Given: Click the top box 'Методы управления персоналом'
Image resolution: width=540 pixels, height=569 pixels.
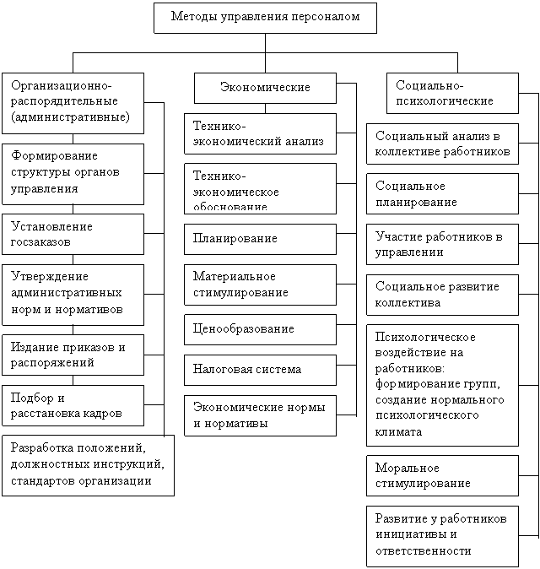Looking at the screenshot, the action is click(x=265, y=18).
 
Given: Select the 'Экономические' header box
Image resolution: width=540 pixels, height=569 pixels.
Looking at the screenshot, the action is click(x=265, y=88).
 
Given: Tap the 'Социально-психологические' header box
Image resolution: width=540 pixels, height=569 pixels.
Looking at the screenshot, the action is click(x=452, y=93).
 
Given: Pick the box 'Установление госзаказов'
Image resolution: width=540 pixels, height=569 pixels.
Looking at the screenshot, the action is click(x=73, y=234).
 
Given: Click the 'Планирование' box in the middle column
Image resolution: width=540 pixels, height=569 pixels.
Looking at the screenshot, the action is click(x=260, y=239).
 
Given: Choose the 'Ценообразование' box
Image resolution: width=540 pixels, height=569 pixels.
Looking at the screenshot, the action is click(x=260, y=329).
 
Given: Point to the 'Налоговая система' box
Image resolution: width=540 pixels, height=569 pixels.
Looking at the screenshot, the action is click(x=260, y=370).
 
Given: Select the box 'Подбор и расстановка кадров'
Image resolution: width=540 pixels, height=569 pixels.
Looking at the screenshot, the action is click(x=73, y=405).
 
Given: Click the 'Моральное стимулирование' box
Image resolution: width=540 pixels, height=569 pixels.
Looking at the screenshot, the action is click(x=442, y=476).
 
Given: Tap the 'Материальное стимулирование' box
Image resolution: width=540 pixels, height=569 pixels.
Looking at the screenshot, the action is click(x=260, y=284).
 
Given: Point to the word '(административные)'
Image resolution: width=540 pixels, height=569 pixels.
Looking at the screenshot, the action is click(x=70, y=117).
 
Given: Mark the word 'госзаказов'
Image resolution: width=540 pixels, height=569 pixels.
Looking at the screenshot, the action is click(x=40, y=242).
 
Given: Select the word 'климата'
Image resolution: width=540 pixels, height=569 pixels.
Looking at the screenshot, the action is click(x=398, y=432).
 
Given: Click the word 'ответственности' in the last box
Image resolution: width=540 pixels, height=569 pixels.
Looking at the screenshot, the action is click(x=424, y=551).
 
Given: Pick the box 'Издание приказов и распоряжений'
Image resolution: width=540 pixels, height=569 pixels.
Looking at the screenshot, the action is click(x=73, y=355).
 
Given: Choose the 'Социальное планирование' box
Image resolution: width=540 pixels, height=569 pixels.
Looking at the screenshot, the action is click(x=442, y=194).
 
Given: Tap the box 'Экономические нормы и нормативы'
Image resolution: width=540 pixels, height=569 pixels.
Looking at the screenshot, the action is click(x=260, y=415).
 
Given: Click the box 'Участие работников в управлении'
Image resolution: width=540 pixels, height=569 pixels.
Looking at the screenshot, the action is click(x=442, y=244).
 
